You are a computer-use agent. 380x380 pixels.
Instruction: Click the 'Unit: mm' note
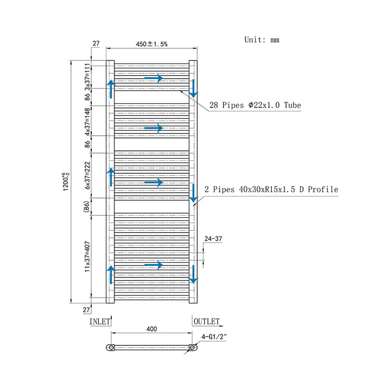pos(262,40)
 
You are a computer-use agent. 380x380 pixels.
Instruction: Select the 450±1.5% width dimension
pos(151,45)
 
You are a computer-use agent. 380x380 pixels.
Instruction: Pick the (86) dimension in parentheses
pos(87,206)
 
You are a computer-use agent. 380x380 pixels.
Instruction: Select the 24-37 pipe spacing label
pos(212,238)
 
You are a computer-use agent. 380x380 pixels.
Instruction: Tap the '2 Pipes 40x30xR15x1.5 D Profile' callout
pos(271,189)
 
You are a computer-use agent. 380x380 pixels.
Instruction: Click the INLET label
pos(100,321)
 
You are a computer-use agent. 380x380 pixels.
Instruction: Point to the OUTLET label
pos(206,321)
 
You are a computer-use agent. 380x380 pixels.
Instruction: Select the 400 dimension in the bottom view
pos(151,329)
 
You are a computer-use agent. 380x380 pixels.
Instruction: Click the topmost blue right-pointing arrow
pos(154,78)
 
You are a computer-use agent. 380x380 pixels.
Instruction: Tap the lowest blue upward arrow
pos(111,275)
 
